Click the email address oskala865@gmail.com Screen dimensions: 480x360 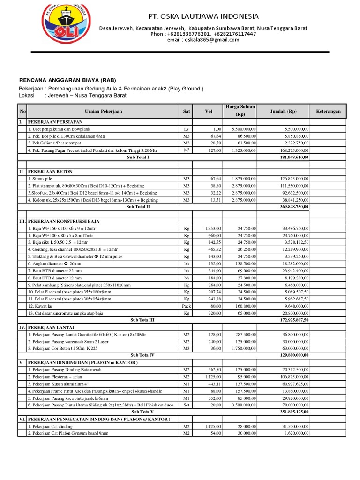pos(203,40)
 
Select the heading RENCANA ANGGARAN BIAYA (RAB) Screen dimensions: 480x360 pos(67,80)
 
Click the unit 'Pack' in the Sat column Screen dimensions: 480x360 pos(186,306)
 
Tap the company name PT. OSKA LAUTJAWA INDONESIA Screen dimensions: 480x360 pos(203,16)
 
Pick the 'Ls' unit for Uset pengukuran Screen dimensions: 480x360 pos(186,129)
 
